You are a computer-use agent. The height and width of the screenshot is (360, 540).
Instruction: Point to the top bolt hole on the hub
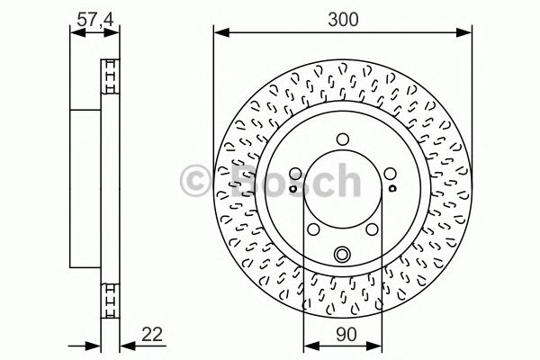pos(343,139)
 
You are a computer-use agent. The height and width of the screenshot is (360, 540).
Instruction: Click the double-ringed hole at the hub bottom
pos(343,256)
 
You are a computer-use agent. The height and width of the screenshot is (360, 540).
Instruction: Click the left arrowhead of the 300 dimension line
pos(218,33)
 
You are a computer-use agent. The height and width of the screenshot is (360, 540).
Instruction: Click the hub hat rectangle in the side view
pos(87,184)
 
